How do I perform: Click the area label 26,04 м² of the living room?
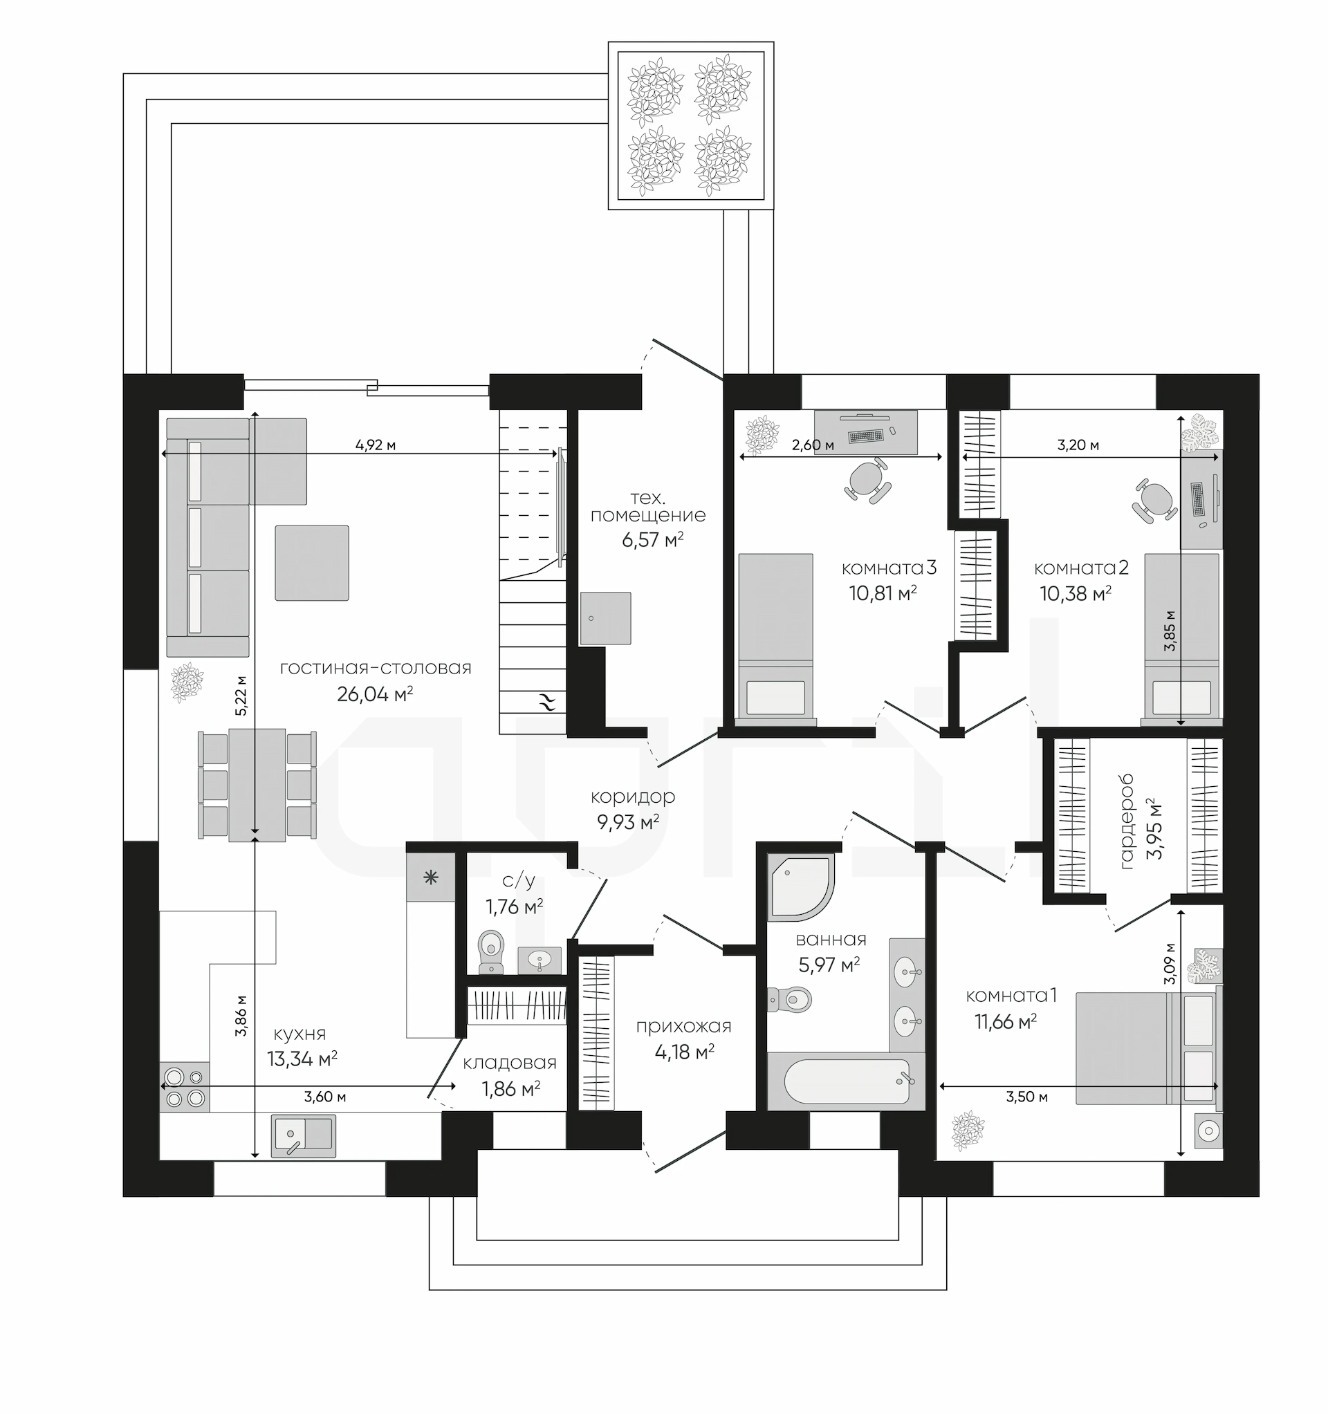tap(375, 694)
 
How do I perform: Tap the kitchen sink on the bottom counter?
tap(303, 1136)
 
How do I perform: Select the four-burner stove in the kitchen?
tap(185, 1087)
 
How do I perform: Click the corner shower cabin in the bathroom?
tap(800, 886)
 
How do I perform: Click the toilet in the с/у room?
tap(491, 951)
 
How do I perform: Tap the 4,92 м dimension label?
tap(376, 445)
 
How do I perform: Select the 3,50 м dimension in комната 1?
tap(1027, 1096)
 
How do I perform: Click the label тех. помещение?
tap(647, 505)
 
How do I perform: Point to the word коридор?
tap(633, 797)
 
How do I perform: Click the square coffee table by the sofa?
tap(313, 563)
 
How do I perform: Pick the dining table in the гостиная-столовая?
tap(257, 785)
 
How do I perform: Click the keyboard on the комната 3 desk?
tap(865, 436)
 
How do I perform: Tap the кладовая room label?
tap(510, 1063)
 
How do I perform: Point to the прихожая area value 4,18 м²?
tap(685, 1052)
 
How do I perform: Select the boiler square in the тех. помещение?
tap(606, 618)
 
